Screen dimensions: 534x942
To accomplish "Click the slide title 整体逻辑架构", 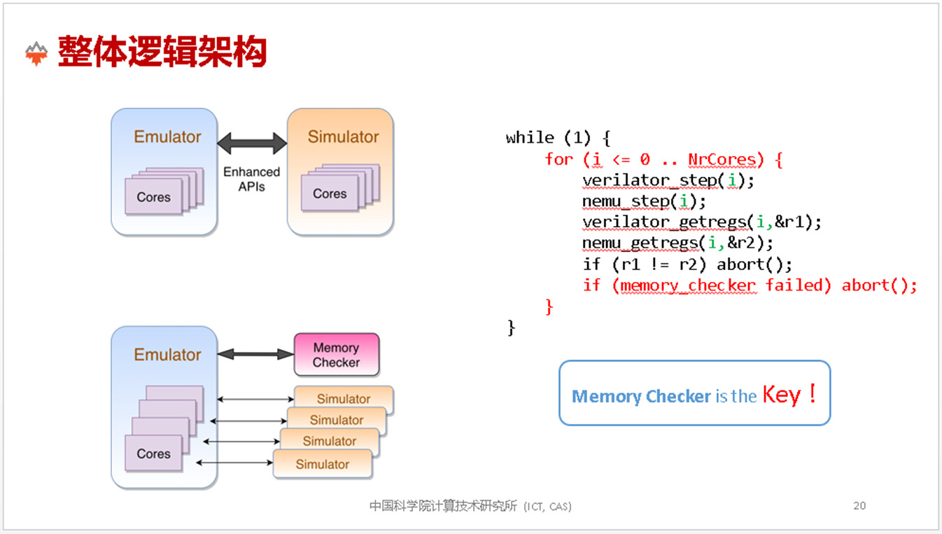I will [x=162, y=52].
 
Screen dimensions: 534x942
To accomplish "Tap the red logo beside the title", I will [x=36, y=53].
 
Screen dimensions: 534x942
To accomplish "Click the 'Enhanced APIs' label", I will [x=251, y=179].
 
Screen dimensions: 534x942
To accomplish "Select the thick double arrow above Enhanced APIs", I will [x=252, y=144].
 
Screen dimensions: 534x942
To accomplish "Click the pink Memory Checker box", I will [x=337, y=355].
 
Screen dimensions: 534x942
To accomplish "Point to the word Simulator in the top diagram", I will [x=343, y=137].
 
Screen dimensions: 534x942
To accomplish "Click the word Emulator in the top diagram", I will [x=167, y=137].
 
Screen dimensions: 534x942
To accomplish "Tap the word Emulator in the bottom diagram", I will [x=167, y=355].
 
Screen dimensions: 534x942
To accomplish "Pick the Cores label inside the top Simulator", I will [x=330, y=194].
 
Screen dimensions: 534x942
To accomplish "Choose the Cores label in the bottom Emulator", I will [x=153, y=454].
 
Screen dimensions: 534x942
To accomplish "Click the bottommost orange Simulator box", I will [x=322, y=464].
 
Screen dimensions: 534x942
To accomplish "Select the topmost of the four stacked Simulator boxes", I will [x=344, y=399].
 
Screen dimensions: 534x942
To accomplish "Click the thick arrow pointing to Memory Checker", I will [x=255, y=355].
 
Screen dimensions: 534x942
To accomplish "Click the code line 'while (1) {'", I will [x=558, y=138].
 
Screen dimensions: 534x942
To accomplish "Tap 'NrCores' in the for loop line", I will [x=722, y=160].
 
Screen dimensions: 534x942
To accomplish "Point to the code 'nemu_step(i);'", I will [x=644, y=202].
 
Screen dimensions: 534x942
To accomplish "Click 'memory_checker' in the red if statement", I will [x=688, y=286].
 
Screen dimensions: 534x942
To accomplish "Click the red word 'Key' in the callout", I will [x=781, y=395].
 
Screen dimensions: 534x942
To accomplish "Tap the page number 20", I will [x=859, y=505].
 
